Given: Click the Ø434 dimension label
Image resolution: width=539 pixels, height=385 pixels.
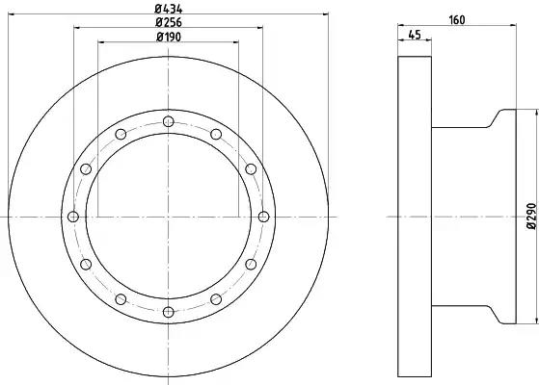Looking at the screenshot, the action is [169, 9].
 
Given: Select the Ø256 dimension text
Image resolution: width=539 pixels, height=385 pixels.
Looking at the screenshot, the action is [169, 22].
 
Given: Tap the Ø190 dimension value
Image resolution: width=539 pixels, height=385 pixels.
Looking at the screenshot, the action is [169, 37].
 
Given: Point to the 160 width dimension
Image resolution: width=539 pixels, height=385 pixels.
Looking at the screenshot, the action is [457, 20].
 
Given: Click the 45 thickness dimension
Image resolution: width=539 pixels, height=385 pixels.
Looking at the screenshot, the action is [415, 35].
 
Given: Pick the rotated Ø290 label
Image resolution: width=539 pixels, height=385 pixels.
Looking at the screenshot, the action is [531, 216].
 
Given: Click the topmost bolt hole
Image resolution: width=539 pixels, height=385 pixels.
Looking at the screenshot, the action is [169, 121].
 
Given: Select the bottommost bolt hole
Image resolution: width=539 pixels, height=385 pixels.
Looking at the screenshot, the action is [169, 312].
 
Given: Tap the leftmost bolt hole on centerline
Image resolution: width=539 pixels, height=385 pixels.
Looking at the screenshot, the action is [73, 217].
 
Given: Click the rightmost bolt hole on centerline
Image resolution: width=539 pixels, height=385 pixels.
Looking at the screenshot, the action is [263, 217].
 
